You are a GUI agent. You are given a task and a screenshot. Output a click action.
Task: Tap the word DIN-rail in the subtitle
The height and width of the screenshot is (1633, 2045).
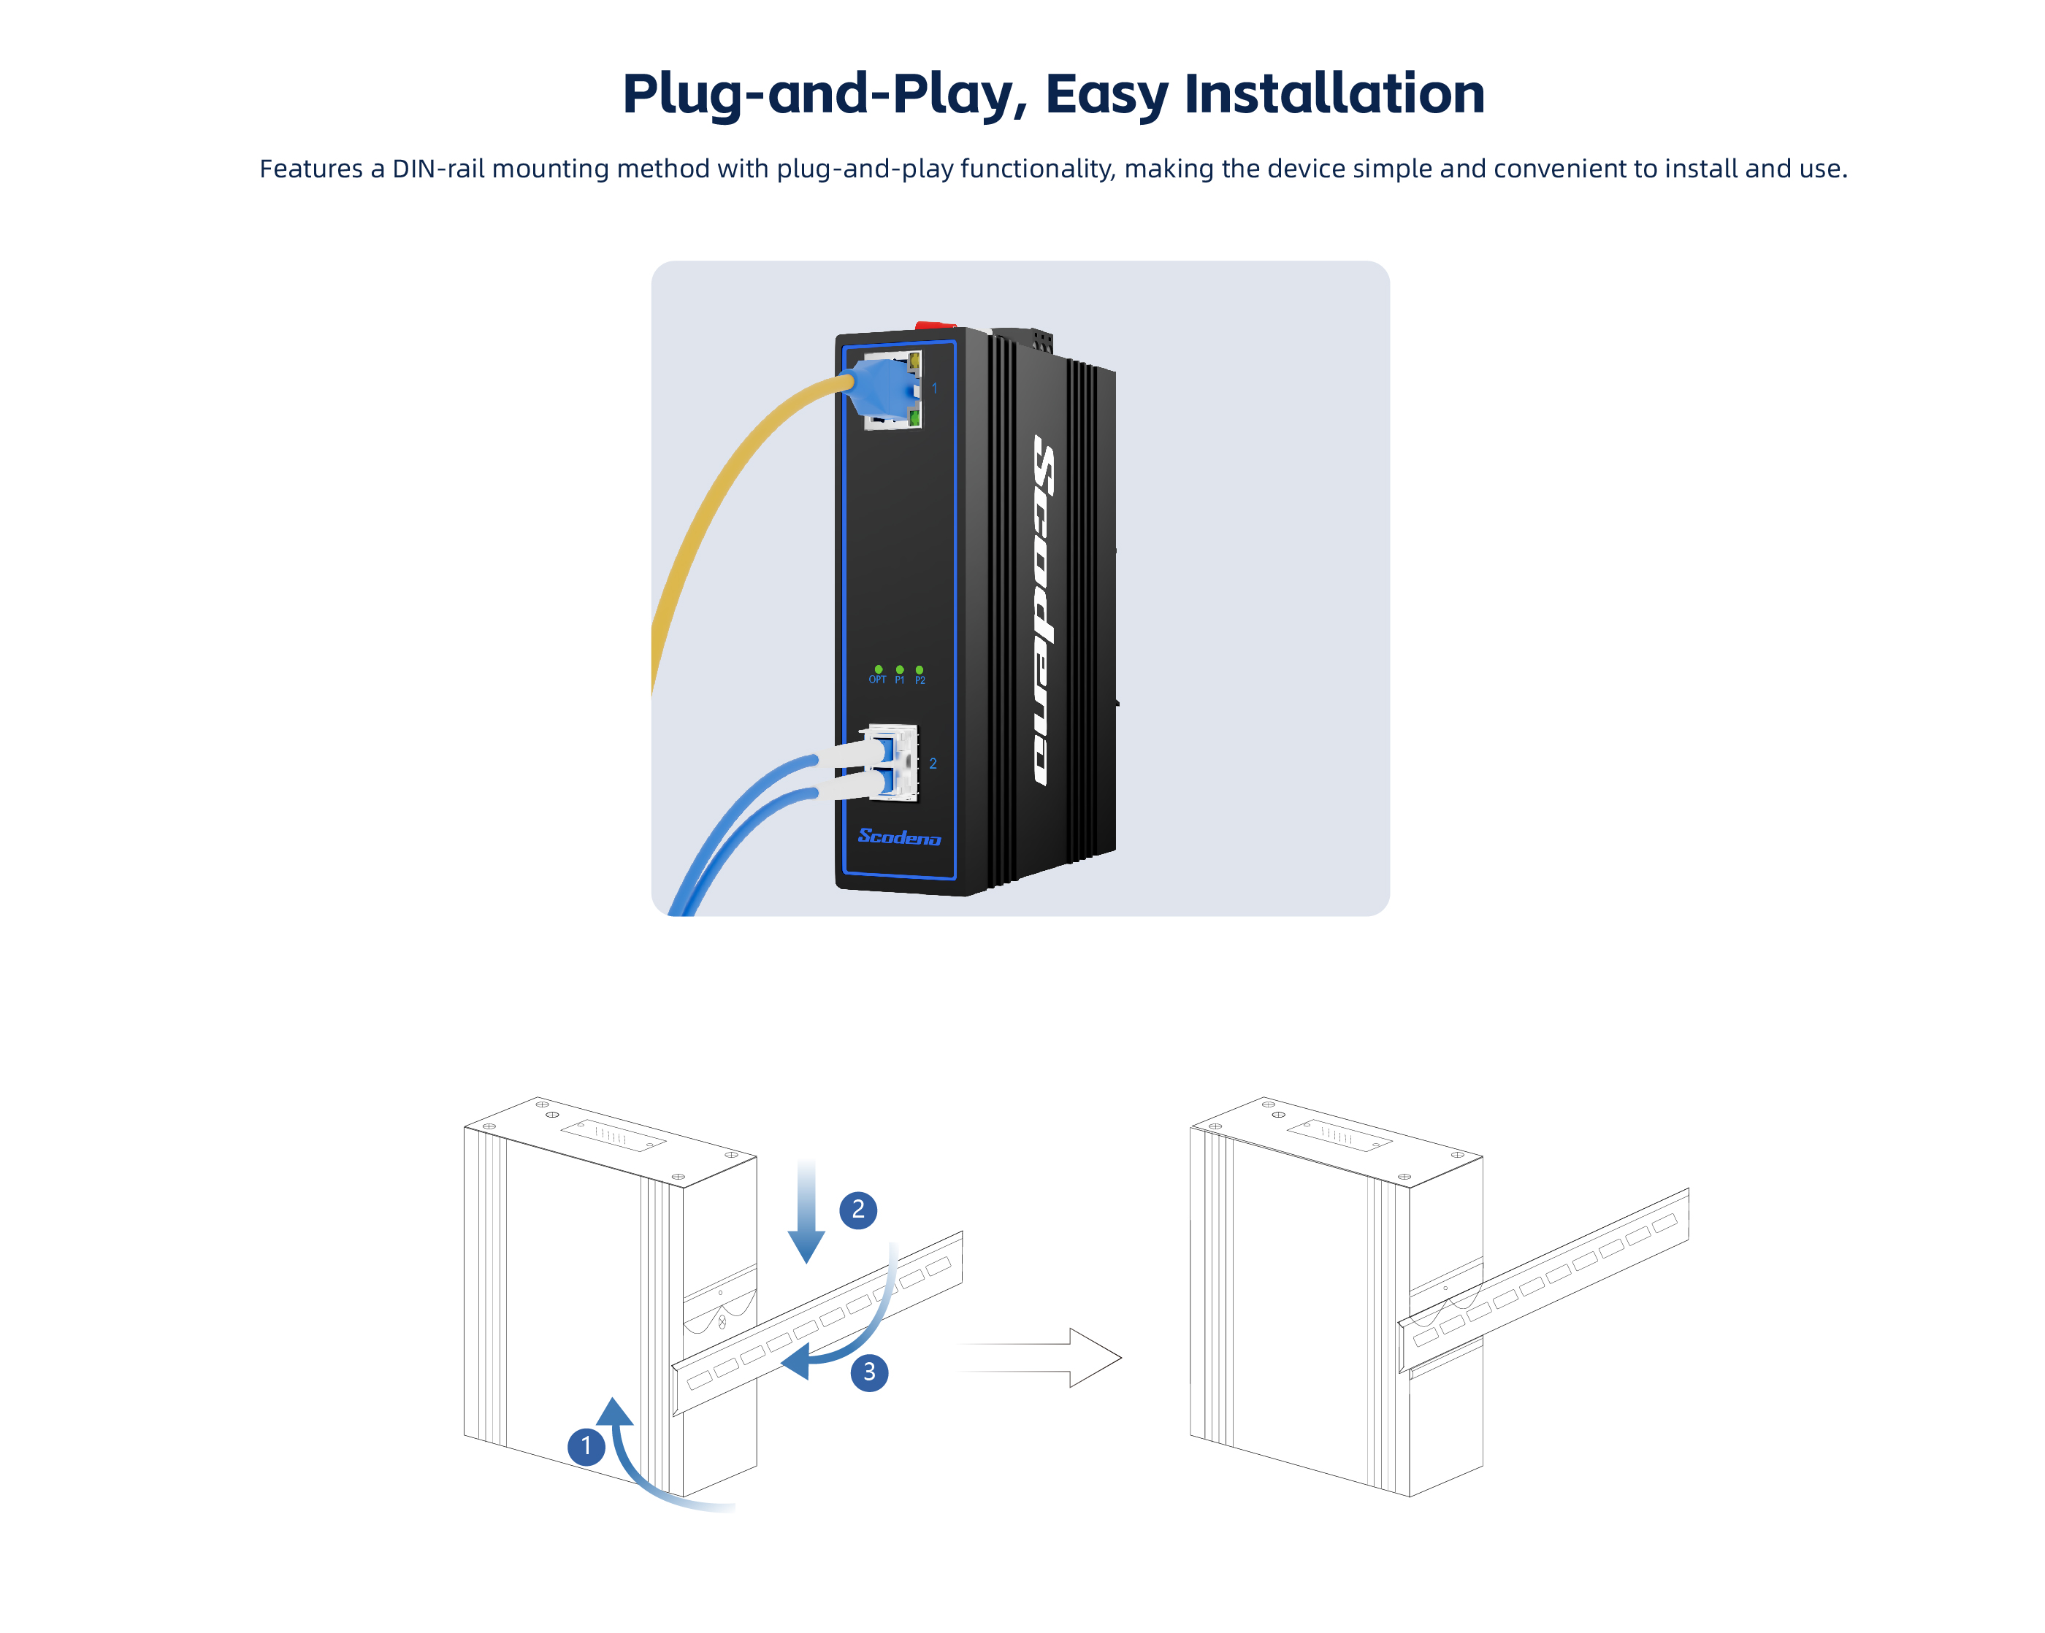point(438,169)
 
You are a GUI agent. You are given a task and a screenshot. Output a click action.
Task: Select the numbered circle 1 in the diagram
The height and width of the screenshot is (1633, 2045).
point(586,1445)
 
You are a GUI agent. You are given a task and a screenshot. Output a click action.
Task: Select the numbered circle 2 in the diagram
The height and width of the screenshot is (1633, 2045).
point(857,1209)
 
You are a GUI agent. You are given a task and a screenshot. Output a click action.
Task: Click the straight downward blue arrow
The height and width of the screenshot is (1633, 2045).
point(806,1214)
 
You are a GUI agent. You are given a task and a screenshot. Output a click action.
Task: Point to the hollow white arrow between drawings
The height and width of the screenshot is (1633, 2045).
point(1044,1357)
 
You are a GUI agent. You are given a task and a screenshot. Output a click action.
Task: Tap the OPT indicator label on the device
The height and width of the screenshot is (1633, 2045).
point(877,680)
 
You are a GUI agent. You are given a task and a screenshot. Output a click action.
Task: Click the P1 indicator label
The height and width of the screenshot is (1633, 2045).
point(899,680)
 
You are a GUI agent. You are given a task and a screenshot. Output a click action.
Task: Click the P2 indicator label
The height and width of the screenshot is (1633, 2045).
point(920,680)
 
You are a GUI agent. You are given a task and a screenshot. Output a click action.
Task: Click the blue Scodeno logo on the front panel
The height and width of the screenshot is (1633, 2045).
point(898,837)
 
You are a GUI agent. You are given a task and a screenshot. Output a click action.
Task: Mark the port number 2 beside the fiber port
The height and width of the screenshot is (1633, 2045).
point(933,764)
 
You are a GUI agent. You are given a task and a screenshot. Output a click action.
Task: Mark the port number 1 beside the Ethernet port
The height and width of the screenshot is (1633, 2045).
point(934,388)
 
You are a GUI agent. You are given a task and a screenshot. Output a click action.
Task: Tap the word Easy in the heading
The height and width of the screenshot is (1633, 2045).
point(1106,94)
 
